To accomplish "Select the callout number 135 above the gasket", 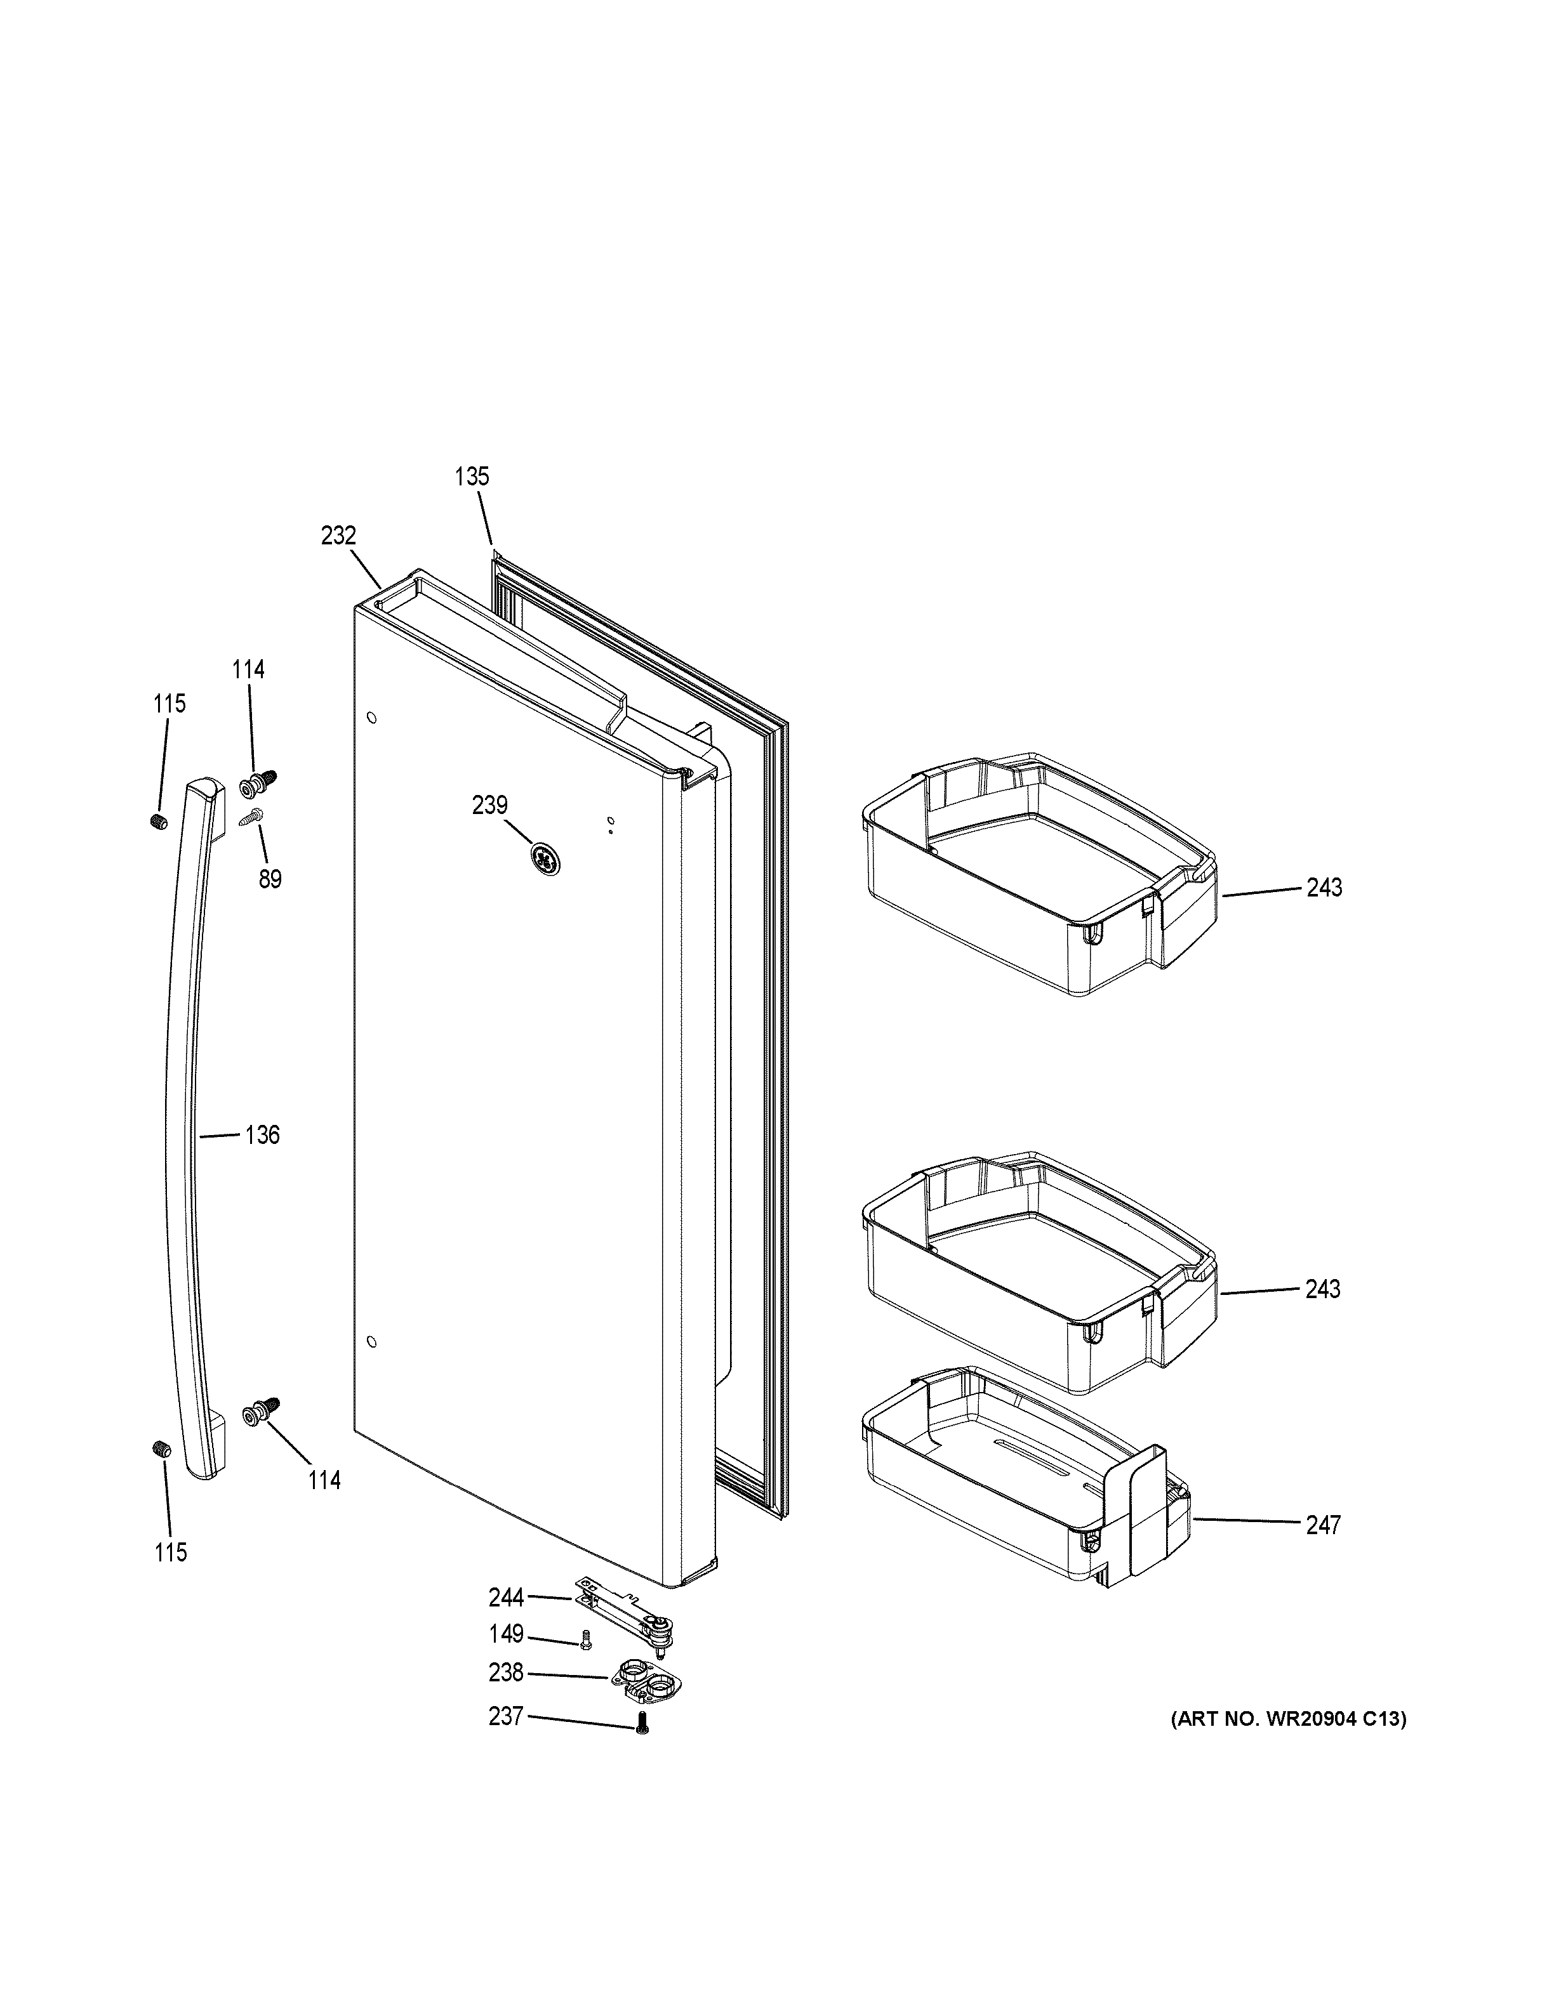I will [472, 476].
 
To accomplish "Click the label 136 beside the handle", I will [262, 1135].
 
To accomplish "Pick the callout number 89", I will [270, 879].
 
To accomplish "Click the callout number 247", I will [1323, 1525].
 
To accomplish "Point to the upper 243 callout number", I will [1323, 887].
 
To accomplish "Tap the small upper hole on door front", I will [371, 717].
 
